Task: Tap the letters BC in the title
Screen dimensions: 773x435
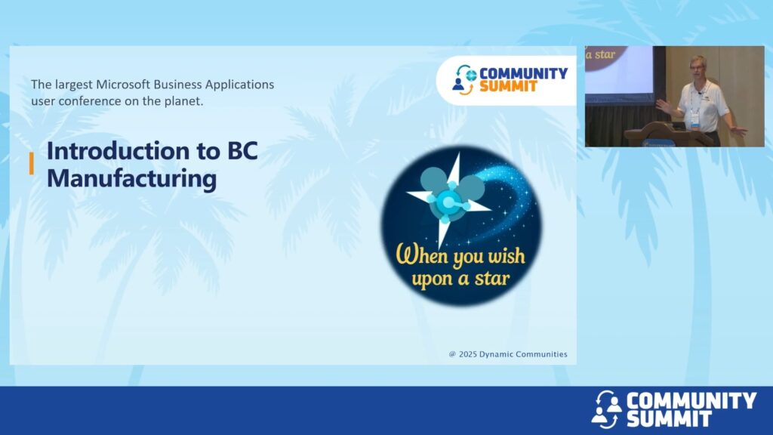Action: (x=242, y=151)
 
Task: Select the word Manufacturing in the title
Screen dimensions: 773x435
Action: (x=131, y=179)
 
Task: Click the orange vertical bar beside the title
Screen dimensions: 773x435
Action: (x=32, y=163)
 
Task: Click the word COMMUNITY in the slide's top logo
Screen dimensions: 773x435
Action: (x=524, y=73)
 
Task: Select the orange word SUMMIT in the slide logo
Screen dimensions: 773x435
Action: (x=508, y=86)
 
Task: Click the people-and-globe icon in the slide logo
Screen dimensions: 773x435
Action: (x=464, y=79)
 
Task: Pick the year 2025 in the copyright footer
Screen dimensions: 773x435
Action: (x=468, y=354)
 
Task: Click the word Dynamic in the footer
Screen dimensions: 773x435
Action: (x=494, y=354)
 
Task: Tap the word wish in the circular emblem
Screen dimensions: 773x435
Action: (x=507, y=256)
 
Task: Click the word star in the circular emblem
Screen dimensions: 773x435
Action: (x=491, y=279)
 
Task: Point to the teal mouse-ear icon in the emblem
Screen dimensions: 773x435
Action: (x=450, y=195)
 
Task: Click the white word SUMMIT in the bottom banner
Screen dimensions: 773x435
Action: (x=669, y=418)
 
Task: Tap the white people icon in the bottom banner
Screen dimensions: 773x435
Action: (x=606, y=409)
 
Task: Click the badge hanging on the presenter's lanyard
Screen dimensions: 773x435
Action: (x=695, y=119)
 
